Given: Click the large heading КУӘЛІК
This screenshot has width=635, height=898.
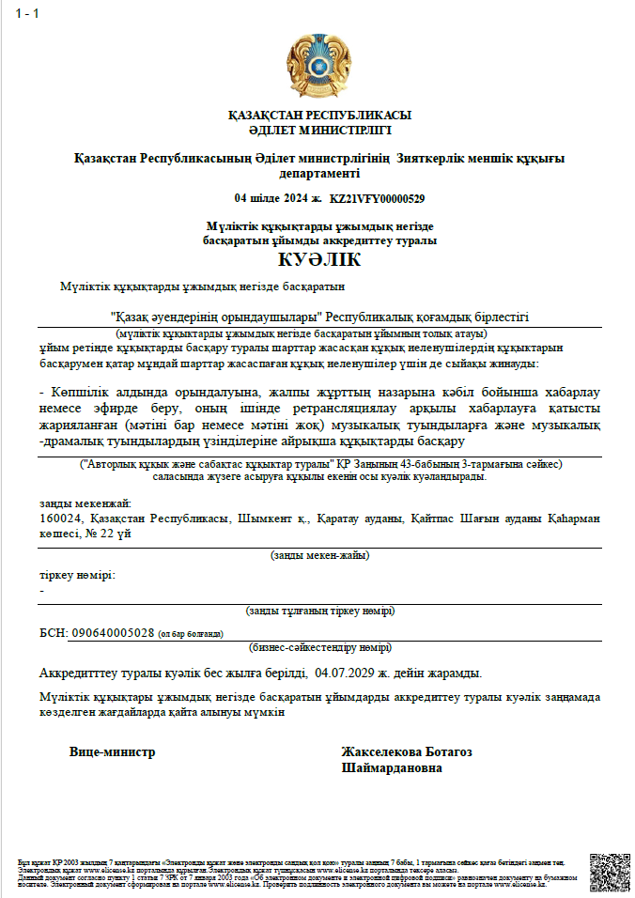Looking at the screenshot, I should click(319, 260).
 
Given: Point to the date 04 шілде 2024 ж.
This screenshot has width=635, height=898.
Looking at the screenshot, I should click(278, 198).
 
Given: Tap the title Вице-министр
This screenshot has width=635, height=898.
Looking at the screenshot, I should click(112, 751).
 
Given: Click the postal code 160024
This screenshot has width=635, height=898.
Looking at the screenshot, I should click(61, 519).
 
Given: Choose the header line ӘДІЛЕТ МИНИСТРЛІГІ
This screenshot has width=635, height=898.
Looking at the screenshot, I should click(319, 130).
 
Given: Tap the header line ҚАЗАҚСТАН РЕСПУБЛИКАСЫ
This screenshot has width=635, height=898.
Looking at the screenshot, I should click(319, 116).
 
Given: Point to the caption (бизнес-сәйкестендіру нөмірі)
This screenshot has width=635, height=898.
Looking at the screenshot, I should click(319, 647).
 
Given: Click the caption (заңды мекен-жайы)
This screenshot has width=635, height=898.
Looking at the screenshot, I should click(319, 555).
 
